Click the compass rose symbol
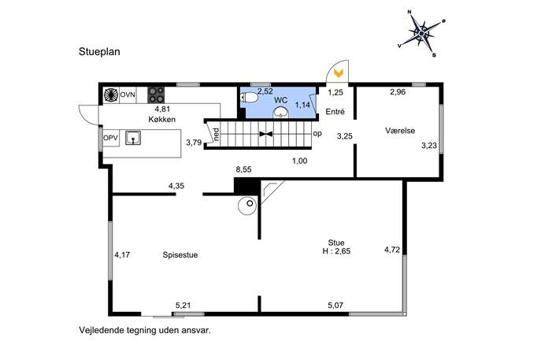(421, 34)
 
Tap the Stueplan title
(99, 52)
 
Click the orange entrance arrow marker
(339, 72)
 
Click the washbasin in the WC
(281, 112)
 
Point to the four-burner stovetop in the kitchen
(156, 95)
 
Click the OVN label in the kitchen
(128, 95)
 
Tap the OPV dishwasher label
(111, 138)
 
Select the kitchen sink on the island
(133, 138)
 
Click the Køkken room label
(161, 120)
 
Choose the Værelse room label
(400, 131)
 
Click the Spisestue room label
(180, 255)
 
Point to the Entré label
(335, 112)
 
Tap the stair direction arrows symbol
(266, 134)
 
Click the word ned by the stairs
(217, 134)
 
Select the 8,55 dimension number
(243, 169)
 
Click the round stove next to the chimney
(247, 206)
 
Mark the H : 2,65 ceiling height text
(336, 251)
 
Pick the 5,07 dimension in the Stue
(335, 306)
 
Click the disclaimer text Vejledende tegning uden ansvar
(145, 330)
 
